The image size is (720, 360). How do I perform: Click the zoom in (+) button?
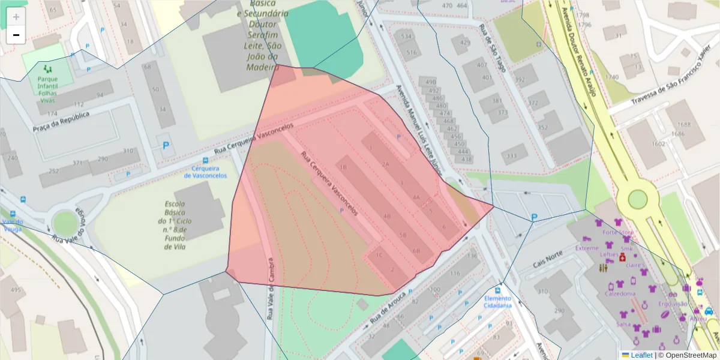point(16,16)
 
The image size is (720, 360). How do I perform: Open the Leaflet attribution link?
point(641,355)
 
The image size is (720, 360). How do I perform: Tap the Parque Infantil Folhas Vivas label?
point(47,89)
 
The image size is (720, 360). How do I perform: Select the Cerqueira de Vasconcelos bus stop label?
point(205,172)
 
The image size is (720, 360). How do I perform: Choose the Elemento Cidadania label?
point(498,302)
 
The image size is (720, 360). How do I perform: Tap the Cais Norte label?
point(548,260)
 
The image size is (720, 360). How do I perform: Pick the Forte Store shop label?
point(618,232)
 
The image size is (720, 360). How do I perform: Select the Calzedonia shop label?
point(620,294)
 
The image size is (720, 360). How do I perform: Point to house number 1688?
point(681,125)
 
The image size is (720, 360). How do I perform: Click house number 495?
point(15,290)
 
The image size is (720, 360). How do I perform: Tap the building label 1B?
point(344,167)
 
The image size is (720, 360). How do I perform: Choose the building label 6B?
point(416,251)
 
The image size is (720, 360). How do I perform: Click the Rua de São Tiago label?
point(491,49)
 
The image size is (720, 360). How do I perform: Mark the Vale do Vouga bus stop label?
point(13,225)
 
